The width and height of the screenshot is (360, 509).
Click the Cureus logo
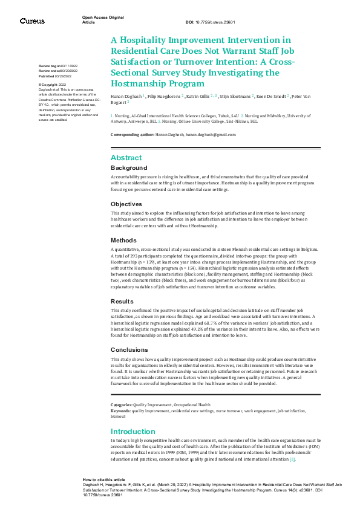tap(32, 21)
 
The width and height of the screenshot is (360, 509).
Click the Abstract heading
tap(126, 158)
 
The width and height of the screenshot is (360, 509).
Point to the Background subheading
tap(128, 167)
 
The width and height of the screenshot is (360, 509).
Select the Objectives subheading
tap(126, 204)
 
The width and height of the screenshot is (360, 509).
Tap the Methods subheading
tap(124, 240)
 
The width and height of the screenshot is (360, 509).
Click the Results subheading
tap(122, 300)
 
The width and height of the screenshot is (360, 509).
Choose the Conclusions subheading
tap(129, 349)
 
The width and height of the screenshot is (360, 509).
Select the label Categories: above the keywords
tap(121, 404)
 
